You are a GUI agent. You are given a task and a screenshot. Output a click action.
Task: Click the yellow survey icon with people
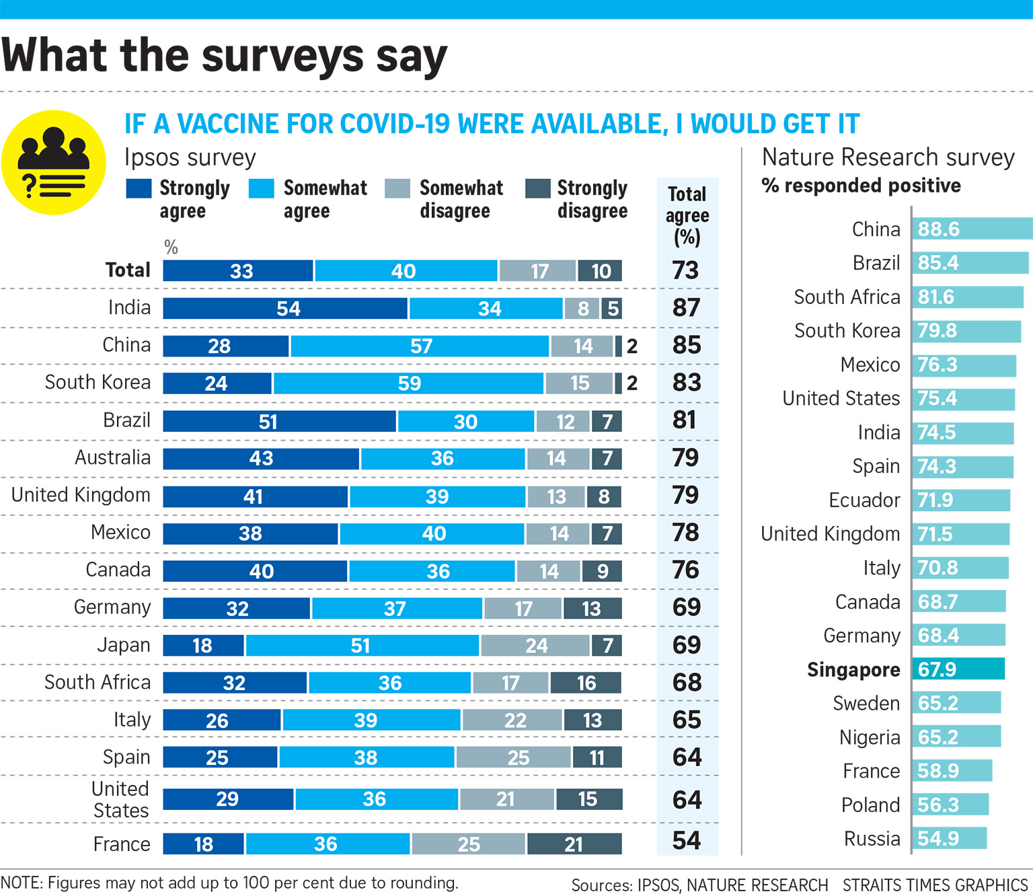tap(53, 163)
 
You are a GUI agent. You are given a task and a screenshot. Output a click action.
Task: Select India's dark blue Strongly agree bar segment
tap(285, 309)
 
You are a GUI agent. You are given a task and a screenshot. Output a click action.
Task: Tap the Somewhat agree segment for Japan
tap(362, 646)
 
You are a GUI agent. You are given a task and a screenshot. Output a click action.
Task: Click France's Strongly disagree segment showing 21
tap(574, 844)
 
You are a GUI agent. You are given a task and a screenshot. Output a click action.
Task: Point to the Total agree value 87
tap(687, 308)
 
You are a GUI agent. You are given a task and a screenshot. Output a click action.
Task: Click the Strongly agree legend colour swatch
tap(139, 188)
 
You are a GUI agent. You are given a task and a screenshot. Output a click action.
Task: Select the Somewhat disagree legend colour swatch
tap(397, 188)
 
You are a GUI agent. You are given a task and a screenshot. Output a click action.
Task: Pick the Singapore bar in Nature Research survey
tap(958, 669)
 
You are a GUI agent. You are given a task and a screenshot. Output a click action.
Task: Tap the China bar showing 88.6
tap(972, 229)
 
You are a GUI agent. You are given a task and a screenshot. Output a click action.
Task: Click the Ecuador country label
tap(864, 500)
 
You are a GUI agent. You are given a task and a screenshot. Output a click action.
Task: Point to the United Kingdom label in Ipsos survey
tap(81, 495)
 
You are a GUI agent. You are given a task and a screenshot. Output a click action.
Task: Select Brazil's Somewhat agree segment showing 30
tap(466, 422)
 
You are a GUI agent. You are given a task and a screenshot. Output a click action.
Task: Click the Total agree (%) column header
tap(687, 215)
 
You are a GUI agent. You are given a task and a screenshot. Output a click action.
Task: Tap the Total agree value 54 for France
tap(687, 841)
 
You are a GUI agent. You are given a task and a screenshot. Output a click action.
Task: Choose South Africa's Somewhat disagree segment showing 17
tap(511, 683)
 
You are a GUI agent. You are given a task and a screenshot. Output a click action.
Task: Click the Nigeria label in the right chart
tap(870, 738)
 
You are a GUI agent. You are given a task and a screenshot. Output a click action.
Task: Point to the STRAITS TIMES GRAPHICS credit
tap(935, 885)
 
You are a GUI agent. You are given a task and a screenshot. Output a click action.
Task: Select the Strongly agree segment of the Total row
tap(238, 271)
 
